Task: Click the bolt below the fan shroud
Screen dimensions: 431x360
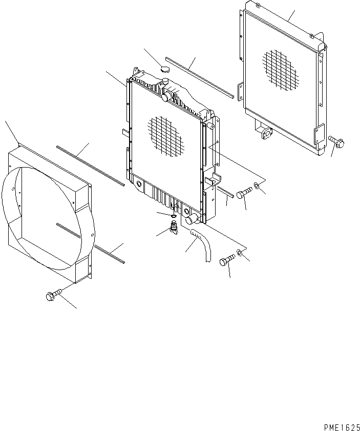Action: click(x=53, y=295)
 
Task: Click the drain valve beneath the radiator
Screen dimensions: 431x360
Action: click(x=174, y=229)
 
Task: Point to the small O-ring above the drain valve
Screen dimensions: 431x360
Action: click(x=174, y=216)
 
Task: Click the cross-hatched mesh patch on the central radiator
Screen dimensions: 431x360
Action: click(x=165, y=135)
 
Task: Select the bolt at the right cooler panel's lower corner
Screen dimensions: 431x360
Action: click(x=336, y=140)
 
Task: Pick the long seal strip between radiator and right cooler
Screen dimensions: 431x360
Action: click(x=200, y=78)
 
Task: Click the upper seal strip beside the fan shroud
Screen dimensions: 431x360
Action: click(x=90, y=165)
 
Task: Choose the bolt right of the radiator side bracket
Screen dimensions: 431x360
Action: click(x=245, y=193)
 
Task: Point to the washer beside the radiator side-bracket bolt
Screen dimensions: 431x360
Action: click(x=257, y=191)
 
